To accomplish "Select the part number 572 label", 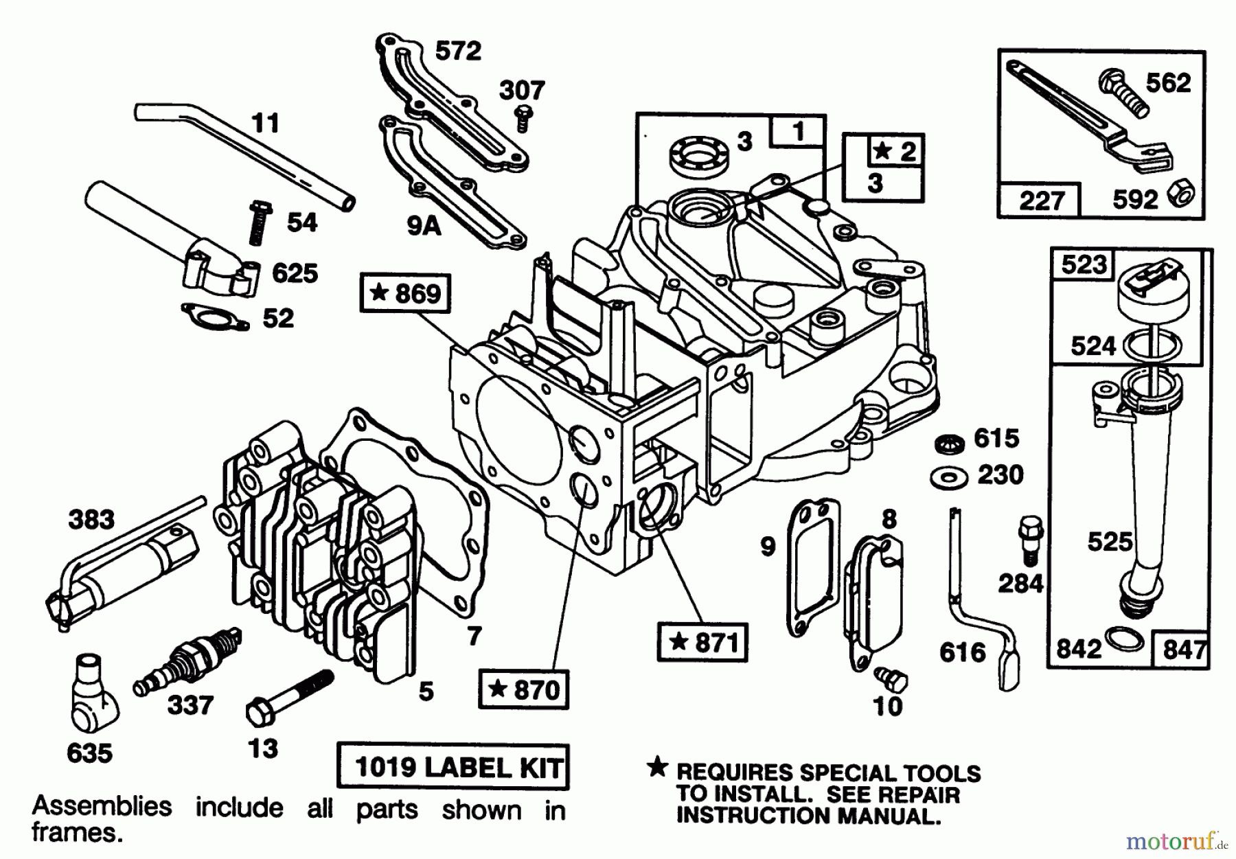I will click(458, 51).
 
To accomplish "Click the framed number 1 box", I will click(798, 131).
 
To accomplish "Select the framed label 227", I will click(1041, 201).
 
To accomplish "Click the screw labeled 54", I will click(260, 221).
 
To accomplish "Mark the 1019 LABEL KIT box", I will click(453, 766).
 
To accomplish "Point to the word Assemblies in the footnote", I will click(102, 806).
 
